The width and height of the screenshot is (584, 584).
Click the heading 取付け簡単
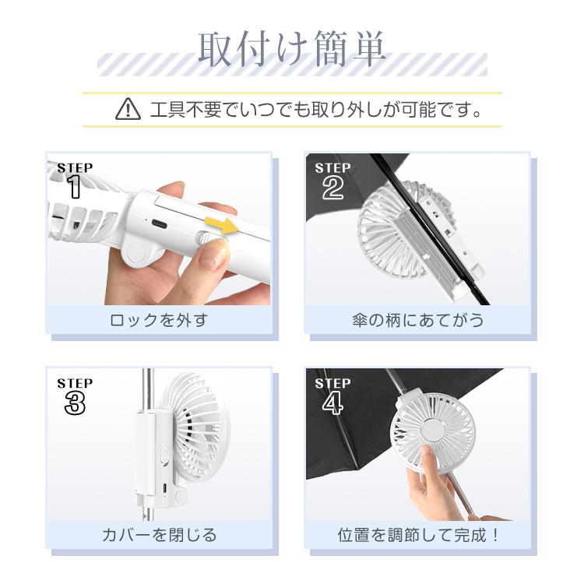click(x=292, y=51)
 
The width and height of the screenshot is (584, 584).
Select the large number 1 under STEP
click(x=75, y=188)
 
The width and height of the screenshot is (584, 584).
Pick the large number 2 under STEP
click(x=332, y=188)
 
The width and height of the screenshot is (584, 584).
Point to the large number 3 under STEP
click(x=75, y=403)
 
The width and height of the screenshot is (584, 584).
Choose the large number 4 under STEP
click(x=332, y=403)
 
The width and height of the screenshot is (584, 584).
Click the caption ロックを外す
click(x=159, y=320)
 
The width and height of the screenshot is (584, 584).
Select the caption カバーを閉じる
click(x=159, y=535)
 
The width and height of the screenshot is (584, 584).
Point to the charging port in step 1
click(x=159, y=223)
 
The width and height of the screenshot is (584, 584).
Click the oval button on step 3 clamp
click(x=165, y=456)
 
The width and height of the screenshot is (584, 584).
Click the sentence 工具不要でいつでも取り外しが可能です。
click(x=315, y=109)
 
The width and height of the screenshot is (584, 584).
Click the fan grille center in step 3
click(x=195, y=424)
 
